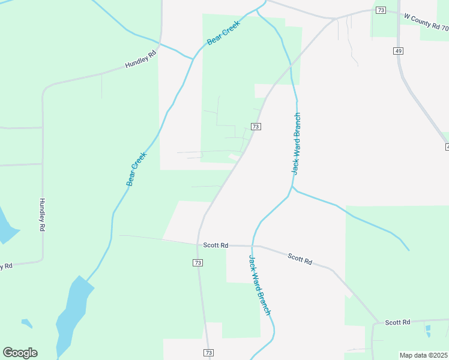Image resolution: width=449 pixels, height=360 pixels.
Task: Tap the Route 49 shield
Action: point(399,51)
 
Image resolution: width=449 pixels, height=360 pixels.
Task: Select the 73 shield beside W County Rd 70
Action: point(380,10)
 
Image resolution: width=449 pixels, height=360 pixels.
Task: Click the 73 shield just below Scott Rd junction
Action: point(198,263)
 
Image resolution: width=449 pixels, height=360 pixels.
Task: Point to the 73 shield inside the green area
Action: point(256,127)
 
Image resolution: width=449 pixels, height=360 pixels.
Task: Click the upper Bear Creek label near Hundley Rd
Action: point(223,32)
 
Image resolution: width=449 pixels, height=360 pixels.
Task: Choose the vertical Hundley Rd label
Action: point(42,215)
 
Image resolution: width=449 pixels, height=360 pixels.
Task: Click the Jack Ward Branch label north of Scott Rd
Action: point(295,143)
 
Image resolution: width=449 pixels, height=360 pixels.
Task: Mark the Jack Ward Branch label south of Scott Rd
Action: point(260,285)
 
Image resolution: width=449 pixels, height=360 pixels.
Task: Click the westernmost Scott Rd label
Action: point(216,245)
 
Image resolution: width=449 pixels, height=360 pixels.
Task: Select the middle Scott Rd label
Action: point(300,259)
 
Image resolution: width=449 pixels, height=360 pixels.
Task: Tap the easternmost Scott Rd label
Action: point(397,322)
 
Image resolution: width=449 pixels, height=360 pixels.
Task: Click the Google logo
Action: point(20,353)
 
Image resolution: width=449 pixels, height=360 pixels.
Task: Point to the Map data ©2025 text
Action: point(424,355)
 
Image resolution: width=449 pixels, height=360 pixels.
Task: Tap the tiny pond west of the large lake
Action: point(26,323)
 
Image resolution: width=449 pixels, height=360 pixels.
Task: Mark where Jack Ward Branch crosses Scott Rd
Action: point(253,246)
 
